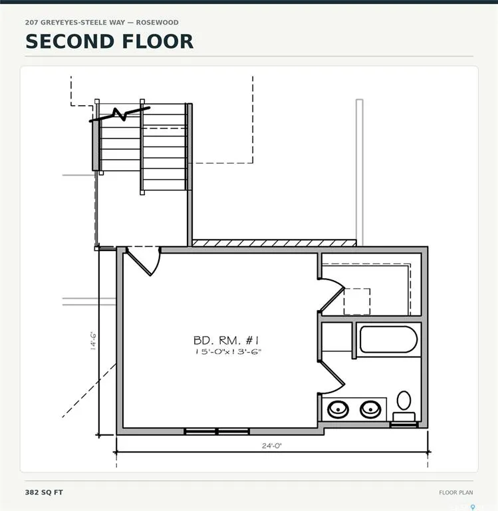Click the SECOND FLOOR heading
click(110, 41)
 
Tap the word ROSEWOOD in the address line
click(158, 23)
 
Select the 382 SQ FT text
click(44, 492)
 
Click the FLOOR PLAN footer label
click(455, 493)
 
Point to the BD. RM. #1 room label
click(226, 341)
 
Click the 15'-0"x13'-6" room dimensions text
click(228, 351)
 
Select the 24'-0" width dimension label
click(272, 446)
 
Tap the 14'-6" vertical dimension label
click(93, 341)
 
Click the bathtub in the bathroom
click(388, 339)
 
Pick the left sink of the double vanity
click(338, 409)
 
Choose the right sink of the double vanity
click(370, 409)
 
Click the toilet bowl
click(404, 400)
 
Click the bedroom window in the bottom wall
click(217, 431)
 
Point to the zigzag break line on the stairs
click(120, 114)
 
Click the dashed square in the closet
click(357, 301)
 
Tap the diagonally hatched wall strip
click(274, 243)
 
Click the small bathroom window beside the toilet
click(404, 425)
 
